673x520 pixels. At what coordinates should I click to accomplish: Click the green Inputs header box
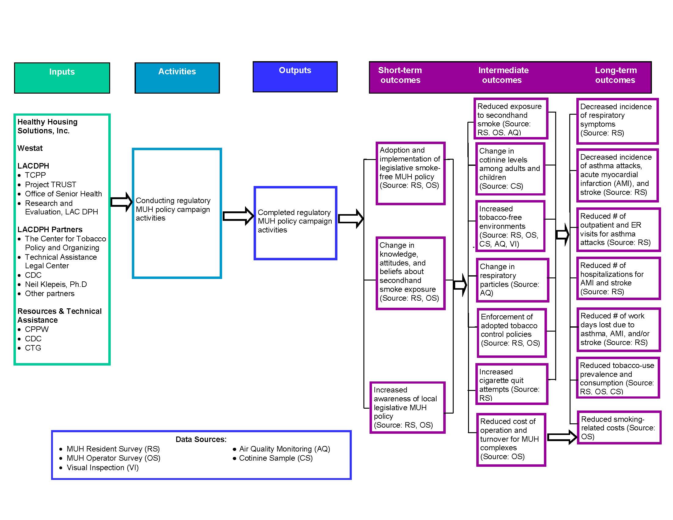[x=62, y=78]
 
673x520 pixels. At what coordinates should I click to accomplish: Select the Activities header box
[x=177, y=78]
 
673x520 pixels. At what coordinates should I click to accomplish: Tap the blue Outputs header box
[x=295, y=76]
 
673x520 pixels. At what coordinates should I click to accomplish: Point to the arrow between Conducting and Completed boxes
[x=238, y=216]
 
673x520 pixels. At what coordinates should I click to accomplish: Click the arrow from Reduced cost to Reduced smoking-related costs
[x=562, y=437]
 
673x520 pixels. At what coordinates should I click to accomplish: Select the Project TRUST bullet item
[x=50, y=184]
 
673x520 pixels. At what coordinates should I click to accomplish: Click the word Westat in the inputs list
[x=30, y=148]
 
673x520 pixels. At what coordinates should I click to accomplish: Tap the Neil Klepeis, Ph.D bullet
[x=56, y=284]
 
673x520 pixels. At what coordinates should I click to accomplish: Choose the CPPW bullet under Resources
[x=37, y=329]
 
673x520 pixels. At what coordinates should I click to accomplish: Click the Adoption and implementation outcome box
[x=411, y=173]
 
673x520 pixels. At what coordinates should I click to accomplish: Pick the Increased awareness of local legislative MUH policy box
[x=407, y=407]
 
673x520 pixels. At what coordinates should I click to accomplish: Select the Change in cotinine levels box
[x=510, y=169]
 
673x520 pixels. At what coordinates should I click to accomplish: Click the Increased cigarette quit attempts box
[x=511, y=384]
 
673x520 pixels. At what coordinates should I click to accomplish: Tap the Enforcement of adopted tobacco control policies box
[x=511, y=333]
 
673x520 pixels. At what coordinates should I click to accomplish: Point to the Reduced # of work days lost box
[x=618, y=329]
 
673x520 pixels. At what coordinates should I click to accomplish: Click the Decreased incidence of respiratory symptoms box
[x=617, y=121]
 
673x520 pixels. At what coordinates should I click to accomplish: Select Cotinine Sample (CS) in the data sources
[x=276, y=458]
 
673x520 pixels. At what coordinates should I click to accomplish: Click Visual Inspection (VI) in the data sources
[x=102, y=467]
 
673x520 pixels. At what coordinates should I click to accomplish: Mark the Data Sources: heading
[x=201, y=439]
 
